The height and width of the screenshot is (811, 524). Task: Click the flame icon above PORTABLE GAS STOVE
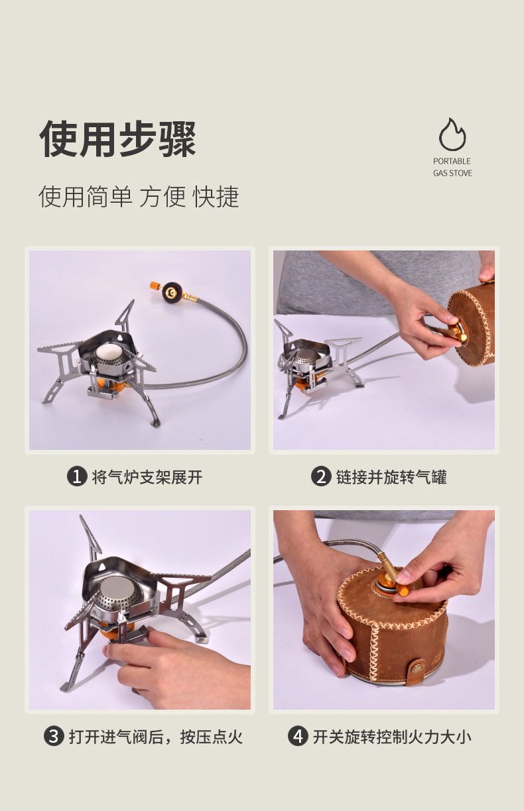(x=452, y=135)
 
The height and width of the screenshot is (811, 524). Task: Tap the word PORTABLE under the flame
(x=452, y=161)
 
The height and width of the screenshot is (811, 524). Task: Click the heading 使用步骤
(x=118, y=139)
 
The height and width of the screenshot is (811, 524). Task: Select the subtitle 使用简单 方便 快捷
(x=139, y=197)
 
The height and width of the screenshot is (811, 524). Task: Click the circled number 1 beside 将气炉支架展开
(x=77, y=476)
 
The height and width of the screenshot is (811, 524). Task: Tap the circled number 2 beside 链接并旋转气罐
(x=321, y=476)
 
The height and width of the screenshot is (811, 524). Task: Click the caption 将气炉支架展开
(x=147, y=477)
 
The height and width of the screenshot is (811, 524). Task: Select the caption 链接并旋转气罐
(x=391, y=477)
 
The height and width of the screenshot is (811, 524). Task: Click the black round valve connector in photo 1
(x=172, y=293)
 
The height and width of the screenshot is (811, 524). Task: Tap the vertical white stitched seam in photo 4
(x=373, y=653)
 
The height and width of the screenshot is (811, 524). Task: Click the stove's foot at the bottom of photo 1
(x=156, y=423)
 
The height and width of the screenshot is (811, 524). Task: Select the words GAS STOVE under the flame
(x=452, y=173)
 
